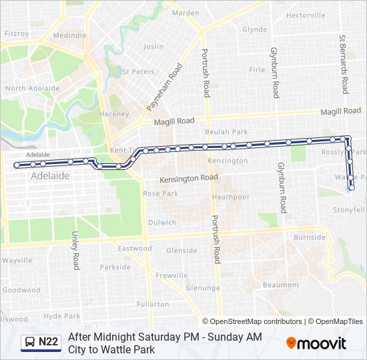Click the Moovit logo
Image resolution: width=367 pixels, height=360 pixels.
coord(316,343)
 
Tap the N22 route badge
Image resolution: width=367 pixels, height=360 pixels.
coord(41,343)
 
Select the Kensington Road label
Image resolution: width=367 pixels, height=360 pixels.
coord(188,179)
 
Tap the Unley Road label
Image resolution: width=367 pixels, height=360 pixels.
coord(75,251)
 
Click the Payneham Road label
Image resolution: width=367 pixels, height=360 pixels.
coord(163,87)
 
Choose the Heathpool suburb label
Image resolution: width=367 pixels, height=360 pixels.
coord(230,197)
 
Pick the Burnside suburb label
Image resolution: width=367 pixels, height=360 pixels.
coord(310,237)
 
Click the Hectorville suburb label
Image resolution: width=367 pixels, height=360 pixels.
coord(306,15)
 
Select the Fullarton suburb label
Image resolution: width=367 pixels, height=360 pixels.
coord(152,304)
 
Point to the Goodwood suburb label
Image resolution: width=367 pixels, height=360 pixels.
coord(21,290)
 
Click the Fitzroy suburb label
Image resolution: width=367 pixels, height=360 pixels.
coord(17,33)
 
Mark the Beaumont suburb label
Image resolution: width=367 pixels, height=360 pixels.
coord(281,285)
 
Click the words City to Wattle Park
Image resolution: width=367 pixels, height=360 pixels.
coord(111,349)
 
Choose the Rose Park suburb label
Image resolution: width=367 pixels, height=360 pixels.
coord(160,193)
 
